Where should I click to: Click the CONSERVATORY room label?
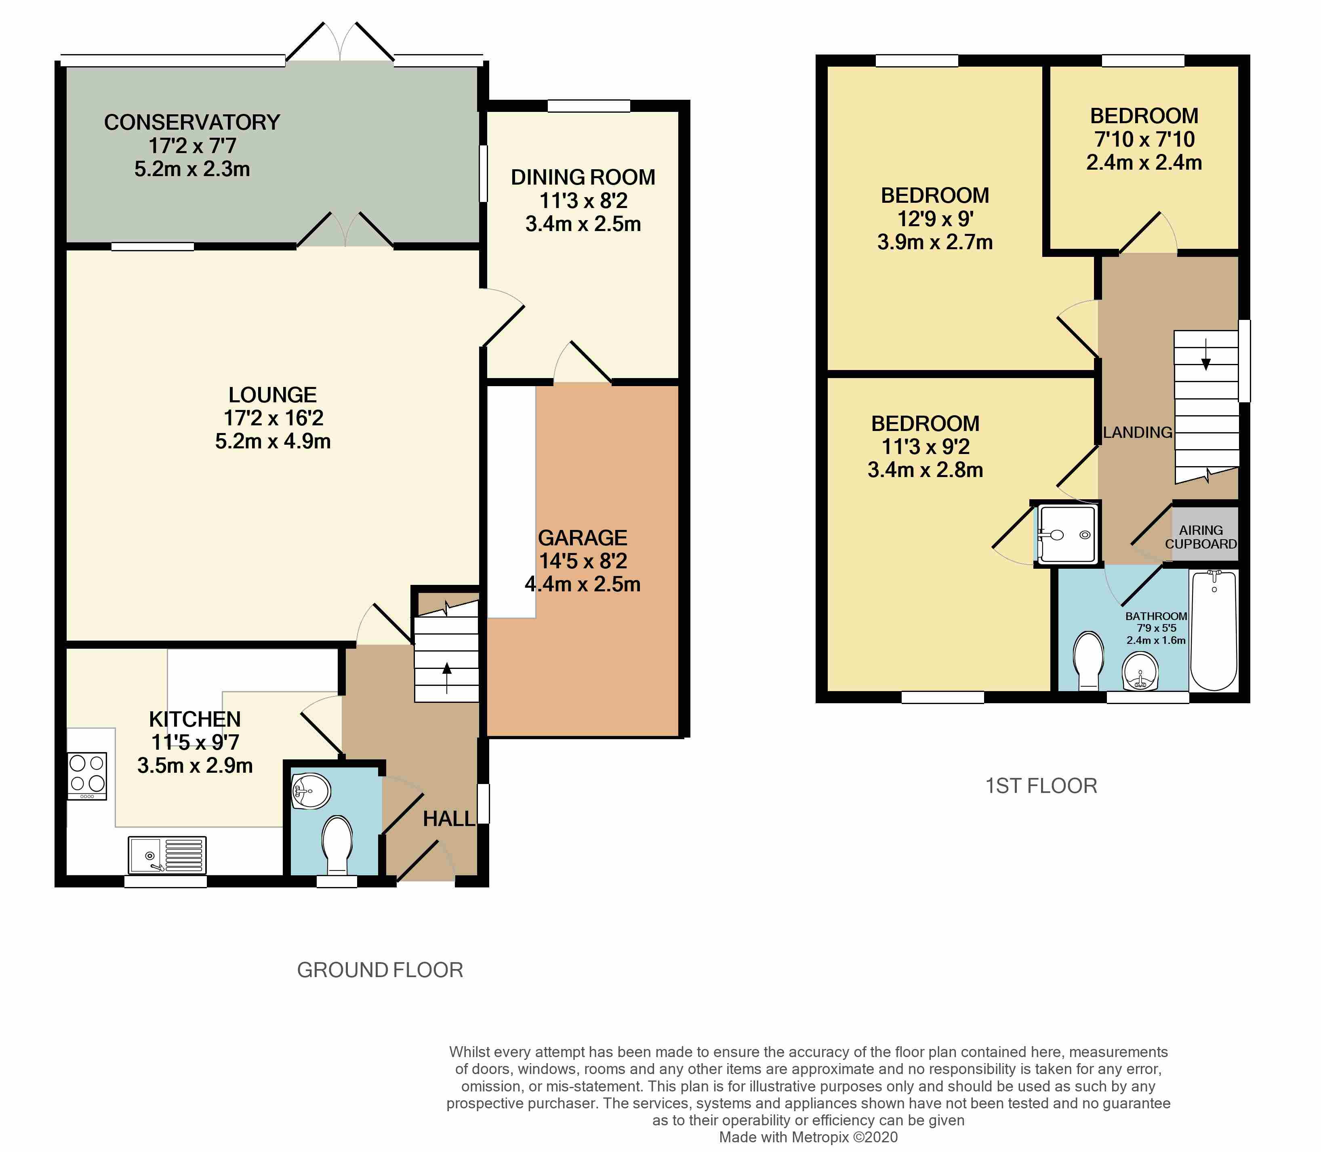coord(192,122)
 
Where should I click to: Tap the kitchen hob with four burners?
coord(87,776)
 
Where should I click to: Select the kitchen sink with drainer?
coord(167,855)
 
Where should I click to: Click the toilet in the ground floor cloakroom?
coord(337,845)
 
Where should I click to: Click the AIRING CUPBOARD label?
coord(1201,537)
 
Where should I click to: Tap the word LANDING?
coord(1137,433)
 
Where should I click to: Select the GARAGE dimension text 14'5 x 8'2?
coord(583,561)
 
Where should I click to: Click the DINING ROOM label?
coord(583,177)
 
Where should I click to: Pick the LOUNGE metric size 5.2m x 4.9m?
coord(273,441)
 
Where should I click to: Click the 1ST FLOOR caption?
coord(1041,786)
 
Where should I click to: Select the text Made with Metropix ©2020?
coord(808,1137)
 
